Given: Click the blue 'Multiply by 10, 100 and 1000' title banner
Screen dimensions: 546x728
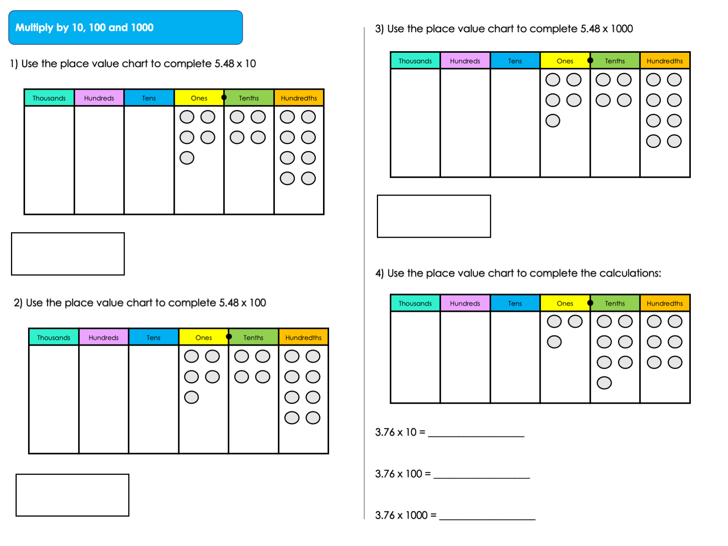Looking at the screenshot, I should coord(125,27).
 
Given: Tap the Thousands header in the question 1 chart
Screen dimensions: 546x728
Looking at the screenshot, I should coord(49,98).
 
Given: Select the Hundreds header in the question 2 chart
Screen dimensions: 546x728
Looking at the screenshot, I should coord(104,337).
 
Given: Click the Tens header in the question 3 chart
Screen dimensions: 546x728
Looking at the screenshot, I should coord(515,61).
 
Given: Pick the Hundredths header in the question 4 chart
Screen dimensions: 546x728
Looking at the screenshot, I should coord(665,303).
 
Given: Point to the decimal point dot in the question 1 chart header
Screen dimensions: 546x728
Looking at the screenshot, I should coord(224,97).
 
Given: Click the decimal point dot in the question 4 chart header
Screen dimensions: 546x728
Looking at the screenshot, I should coord(590,303).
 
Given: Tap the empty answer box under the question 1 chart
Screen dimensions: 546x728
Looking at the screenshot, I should coord(68,254).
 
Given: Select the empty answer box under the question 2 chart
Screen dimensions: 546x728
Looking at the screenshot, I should coord(72,495).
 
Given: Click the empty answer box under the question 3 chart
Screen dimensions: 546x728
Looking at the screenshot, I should coord(434,216).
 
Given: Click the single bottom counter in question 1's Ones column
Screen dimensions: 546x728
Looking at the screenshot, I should coord(187,158).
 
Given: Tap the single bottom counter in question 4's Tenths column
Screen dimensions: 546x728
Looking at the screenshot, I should coord(604,383).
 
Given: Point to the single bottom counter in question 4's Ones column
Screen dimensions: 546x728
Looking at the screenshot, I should coord(554,342).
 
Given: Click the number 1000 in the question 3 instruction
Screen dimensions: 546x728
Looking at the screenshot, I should coord(622,29).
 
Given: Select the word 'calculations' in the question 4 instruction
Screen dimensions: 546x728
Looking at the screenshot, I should coord(630,273).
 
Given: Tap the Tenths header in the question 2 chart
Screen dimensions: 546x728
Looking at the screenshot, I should coord(253,337).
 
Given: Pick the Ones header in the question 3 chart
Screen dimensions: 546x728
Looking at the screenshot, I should coord(565,61).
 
